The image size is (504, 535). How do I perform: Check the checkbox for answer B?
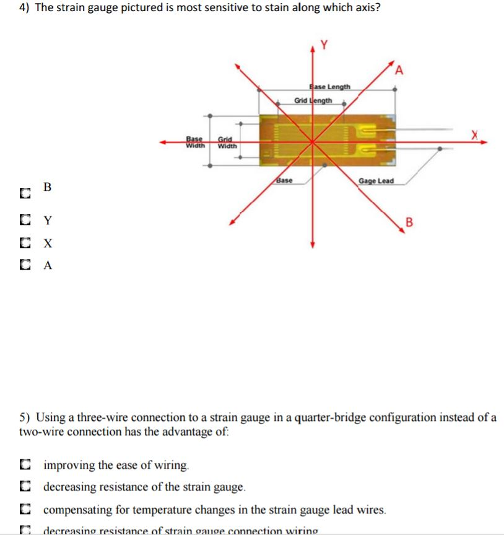coord(24,194)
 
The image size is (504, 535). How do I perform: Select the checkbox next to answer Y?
coord(24,220)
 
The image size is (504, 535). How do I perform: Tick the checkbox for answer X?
coord(24,243)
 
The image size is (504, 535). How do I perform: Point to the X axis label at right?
coord(475,135)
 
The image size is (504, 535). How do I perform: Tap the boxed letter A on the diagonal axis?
coord(399,70)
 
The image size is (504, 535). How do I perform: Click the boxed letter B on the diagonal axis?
coord(408,222)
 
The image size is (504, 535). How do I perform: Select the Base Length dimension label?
coord(329,87)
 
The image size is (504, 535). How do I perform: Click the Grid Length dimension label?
coord(313,100)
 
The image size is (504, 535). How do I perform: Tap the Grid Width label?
coord(227,143)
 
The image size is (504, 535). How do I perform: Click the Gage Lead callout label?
coord(376,181)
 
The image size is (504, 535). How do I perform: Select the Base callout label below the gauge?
coord(284,181)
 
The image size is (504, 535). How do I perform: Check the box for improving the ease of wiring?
coord(24,465)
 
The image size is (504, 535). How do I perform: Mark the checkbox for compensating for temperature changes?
coord(24,510)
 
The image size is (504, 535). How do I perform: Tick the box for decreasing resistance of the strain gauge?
coord(24,488)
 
